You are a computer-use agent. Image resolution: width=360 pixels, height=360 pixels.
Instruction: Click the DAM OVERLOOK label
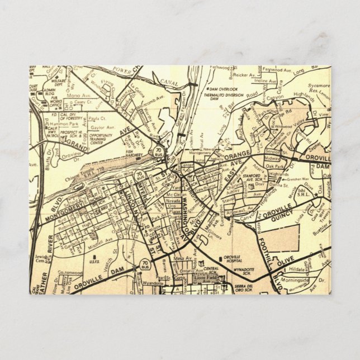(x=223, y=89)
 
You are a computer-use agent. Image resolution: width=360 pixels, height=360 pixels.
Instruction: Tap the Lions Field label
(x=205, y=276)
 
